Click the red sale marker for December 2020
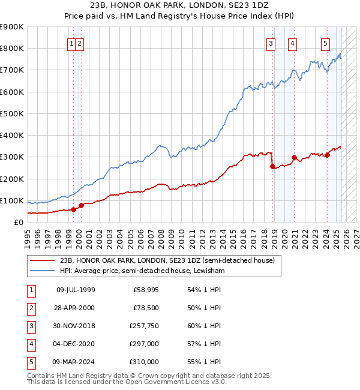tap(294, 158)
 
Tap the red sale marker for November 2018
tap(273, 166)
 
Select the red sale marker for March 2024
tap(327, 155)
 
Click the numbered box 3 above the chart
tap(271, 43)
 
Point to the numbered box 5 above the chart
tap(325, 43)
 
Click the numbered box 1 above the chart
tap(71, 43)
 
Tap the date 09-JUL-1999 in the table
tap(76, 290)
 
